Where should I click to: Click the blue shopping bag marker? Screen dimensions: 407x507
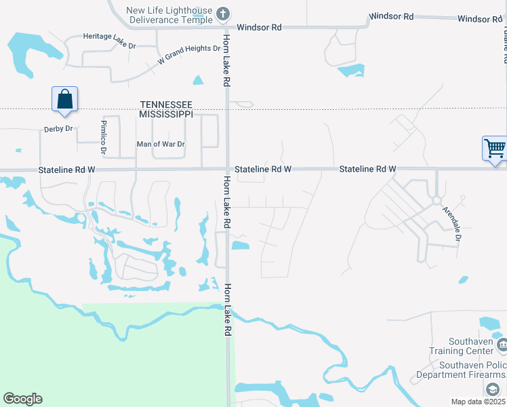[64, 99]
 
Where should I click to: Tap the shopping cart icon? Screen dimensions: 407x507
[495, 148]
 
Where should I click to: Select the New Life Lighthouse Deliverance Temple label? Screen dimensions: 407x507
[169, 14]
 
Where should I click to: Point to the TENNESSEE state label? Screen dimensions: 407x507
[166, 104]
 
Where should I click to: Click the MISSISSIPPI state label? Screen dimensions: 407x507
[166, 115]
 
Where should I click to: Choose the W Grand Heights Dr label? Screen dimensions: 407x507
[189, 54]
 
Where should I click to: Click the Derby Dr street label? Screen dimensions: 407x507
[58, 129]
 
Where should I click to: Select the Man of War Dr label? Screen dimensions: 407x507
[161, 144]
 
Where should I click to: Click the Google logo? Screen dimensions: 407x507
[22, 399]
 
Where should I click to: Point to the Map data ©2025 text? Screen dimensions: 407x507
[479, 402]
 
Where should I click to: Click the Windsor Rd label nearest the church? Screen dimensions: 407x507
[259, 28]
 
